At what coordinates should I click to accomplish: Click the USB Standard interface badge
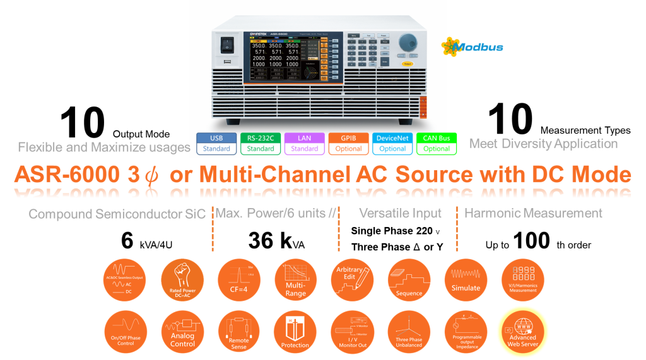[216, 143]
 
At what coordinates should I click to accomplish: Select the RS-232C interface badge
[261, 143]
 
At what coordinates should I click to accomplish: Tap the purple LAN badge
[305, 143]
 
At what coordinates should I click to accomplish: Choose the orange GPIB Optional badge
[348, 143]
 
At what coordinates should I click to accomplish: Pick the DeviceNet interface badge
[392, 143]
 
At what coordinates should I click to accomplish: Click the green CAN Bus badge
[437, 143]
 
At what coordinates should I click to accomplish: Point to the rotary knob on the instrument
[408, 42]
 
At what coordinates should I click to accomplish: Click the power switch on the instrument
[226, 45]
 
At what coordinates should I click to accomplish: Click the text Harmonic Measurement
[533, 214]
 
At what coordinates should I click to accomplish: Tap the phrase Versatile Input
[400, 214]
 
